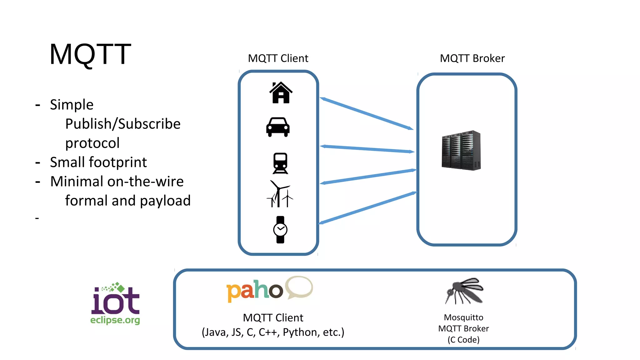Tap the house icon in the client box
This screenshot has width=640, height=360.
click(281, 92)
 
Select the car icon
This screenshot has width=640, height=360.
click(278, 127)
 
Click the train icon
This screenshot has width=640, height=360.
click(280, 163)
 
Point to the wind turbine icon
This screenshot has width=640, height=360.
click(279, 194)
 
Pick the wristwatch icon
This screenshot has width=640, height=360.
click(280, 230)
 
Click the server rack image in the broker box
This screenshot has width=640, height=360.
click(461, 150)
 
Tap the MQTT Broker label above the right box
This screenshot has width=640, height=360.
click(472, 58)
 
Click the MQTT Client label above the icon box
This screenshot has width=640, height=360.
click(278, 58)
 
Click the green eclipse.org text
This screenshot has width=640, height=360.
click(115, 320)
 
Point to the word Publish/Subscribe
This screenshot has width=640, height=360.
click(123, 124)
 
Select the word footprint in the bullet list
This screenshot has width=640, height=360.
click(118, 162)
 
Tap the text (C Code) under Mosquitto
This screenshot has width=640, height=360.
click(463, 340)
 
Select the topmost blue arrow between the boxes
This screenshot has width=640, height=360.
click(367, 113)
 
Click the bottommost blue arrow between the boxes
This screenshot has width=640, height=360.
click(367, 208)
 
